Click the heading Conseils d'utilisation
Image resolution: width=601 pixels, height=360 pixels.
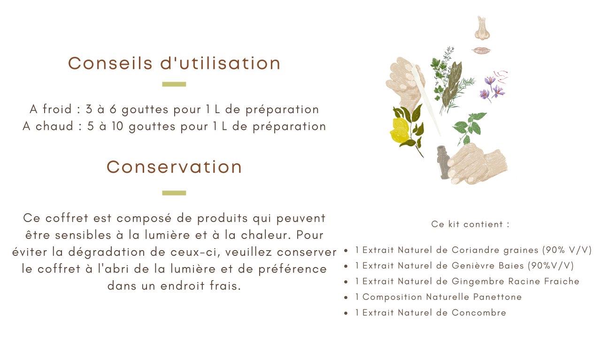click(174, 63)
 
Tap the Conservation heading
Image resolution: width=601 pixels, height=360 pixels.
click(174, 167)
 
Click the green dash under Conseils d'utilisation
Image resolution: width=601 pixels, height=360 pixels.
click(174, 84)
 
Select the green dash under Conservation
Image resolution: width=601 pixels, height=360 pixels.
click(174, 193)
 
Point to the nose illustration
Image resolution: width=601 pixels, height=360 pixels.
click(482, 28)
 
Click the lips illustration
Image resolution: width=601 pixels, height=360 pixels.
click(481, 50)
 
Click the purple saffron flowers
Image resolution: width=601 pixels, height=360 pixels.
click(493, 87)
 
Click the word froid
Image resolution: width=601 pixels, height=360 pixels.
click(57, 109)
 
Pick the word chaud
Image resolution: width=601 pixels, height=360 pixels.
click(54, 126)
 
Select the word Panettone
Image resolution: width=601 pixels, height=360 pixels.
click(497, 297)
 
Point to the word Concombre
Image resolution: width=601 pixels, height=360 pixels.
click(479, 313)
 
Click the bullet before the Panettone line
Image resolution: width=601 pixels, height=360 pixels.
click(346, 298)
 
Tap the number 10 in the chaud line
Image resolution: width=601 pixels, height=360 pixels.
click(117, 126)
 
